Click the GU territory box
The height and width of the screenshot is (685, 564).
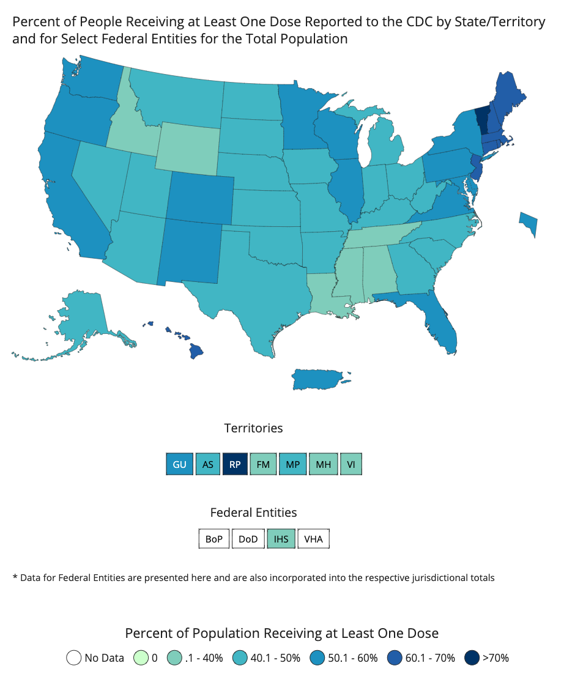click(179, 464)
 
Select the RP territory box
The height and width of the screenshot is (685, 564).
click(236, 464)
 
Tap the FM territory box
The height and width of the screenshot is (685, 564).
click(264, 464)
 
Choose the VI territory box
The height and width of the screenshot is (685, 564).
click(351, 464)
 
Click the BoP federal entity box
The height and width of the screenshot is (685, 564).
click(214, 539)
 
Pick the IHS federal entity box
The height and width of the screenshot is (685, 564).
click(281, 539)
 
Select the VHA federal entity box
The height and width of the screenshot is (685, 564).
click(313, 539)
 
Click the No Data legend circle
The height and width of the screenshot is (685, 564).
click(74, 658)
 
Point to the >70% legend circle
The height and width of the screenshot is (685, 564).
click(472, 658)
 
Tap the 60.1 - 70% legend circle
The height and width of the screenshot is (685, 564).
click(395, 658)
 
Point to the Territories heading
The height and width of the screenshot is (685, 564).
click(253, 428)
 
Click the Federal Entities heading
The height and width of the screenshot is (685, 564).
click(253, 513)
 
